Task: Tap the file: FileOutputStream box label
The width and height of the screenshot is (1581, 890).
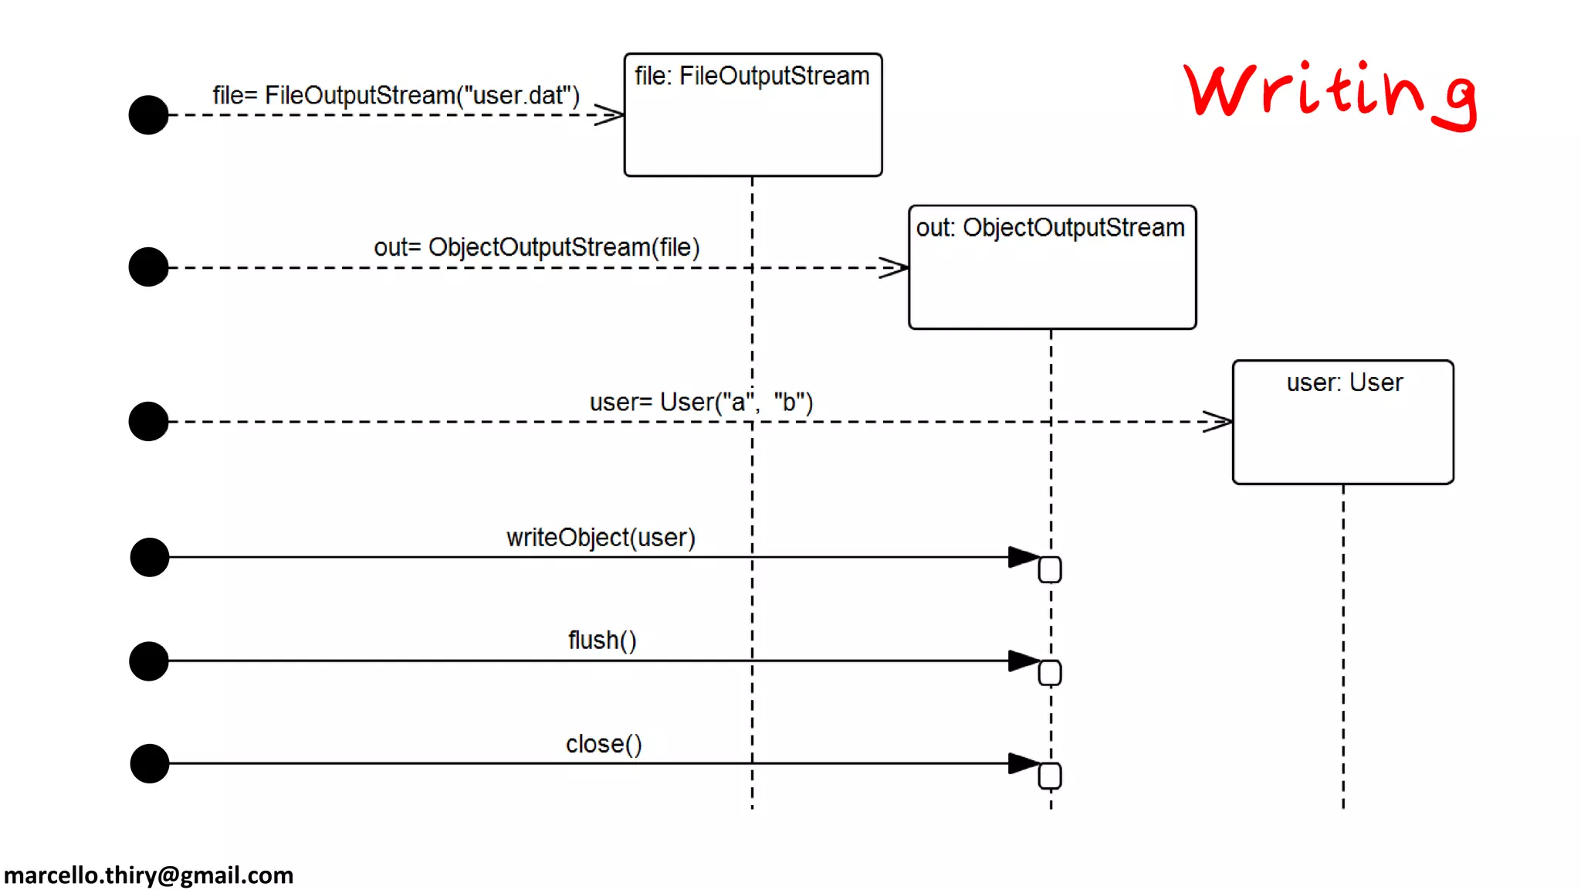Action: pyautogui.click(x=752, y=76)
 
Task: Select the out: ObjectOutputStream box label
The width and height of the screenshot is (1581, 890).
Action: pyautogui.click(x=1050, y=228)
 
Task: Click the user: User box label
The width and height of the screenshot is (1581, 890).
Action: pyautogui.click(x=1343, y=382)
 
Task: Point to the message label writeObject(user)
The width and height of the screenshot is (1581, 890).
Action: pyautogui.click(x=601, y=538)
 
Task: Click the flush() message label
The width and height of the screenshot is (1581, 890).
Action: pyautogui.click(x=602, y=640)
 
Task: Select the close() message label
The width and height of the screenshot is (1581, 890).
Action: pyautogui.click(x=604, y=744)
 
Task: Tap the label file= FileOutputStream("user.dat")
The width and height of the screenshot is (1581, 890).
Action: pyautogui.click(x=396, y=95)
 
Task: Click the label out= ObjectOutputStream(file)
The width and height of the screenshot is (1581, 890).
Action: pyautogui.click(x=537, y=247)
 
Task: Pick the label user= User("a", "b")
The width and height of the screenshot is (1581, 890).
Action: pyautogui.click(x=701, y=403)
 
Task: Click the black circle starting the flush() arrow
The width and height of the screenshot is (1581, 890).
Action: pyautogui.click(x=149, y=661)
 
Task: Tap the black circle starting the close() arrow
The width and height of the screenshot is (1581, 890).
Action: pyautogui.click(x=150, y=763)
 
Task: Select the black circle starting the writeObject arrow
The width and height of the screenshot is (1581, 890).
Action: pyautogui.click(x=150, y=557)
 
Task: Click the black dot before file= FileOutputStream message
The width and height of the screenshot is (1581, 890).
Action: pyautogui.click(x=149, y=115)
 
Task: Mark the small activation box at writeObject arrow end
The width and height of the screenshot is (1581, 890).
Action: pyautogui.click(x=1050, y=569)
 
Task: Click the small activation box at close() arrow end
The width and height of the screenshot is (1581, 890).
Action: pyautogui.click(x=1050, y=776)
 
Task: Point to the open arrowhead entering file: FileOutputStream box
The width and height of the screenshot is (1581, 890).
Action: pyautogui.click(x=610, y=115)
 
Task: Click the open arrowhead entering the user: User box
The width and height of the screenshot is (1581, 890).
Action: pyautogui.click(x=1218, y=422)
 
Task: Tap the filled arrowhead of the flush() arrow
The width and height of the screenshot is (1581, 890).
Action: pyautogui.click(x=1024, y=661)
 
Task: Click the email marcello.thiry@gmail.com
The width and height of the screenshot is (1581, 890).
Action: pyautogui.click(x=149, y=875)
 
